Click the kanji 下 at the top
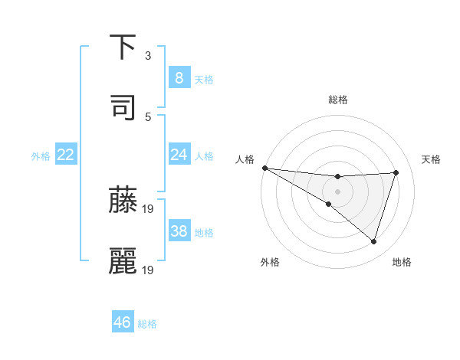(123, 47)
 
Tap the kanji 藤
(123, 199)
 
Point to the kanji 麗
(123, 261)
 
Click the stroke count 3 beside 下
(148, 56)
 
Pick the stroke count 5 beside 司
(148, 117)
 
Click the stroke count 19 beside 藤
(149, 208)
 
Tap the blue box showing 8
(179, 78)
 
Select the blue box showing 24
(179, 155)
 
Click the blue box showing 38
(179, 231)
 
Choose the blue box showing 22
(65, 155)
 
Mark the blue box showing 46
(122, 322)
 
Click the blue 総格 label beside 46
(147, 324)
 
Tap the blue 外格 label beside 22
(41, 156)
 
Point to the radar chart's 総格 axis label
(337, 100)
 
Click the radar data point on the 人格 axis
(264, 168)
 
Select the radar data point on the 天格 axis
(396, 172)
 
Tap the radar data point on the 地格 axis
(373, 241)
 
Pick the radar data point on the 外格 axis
(328, 204)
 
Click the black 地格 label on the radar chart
(402, 262)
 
